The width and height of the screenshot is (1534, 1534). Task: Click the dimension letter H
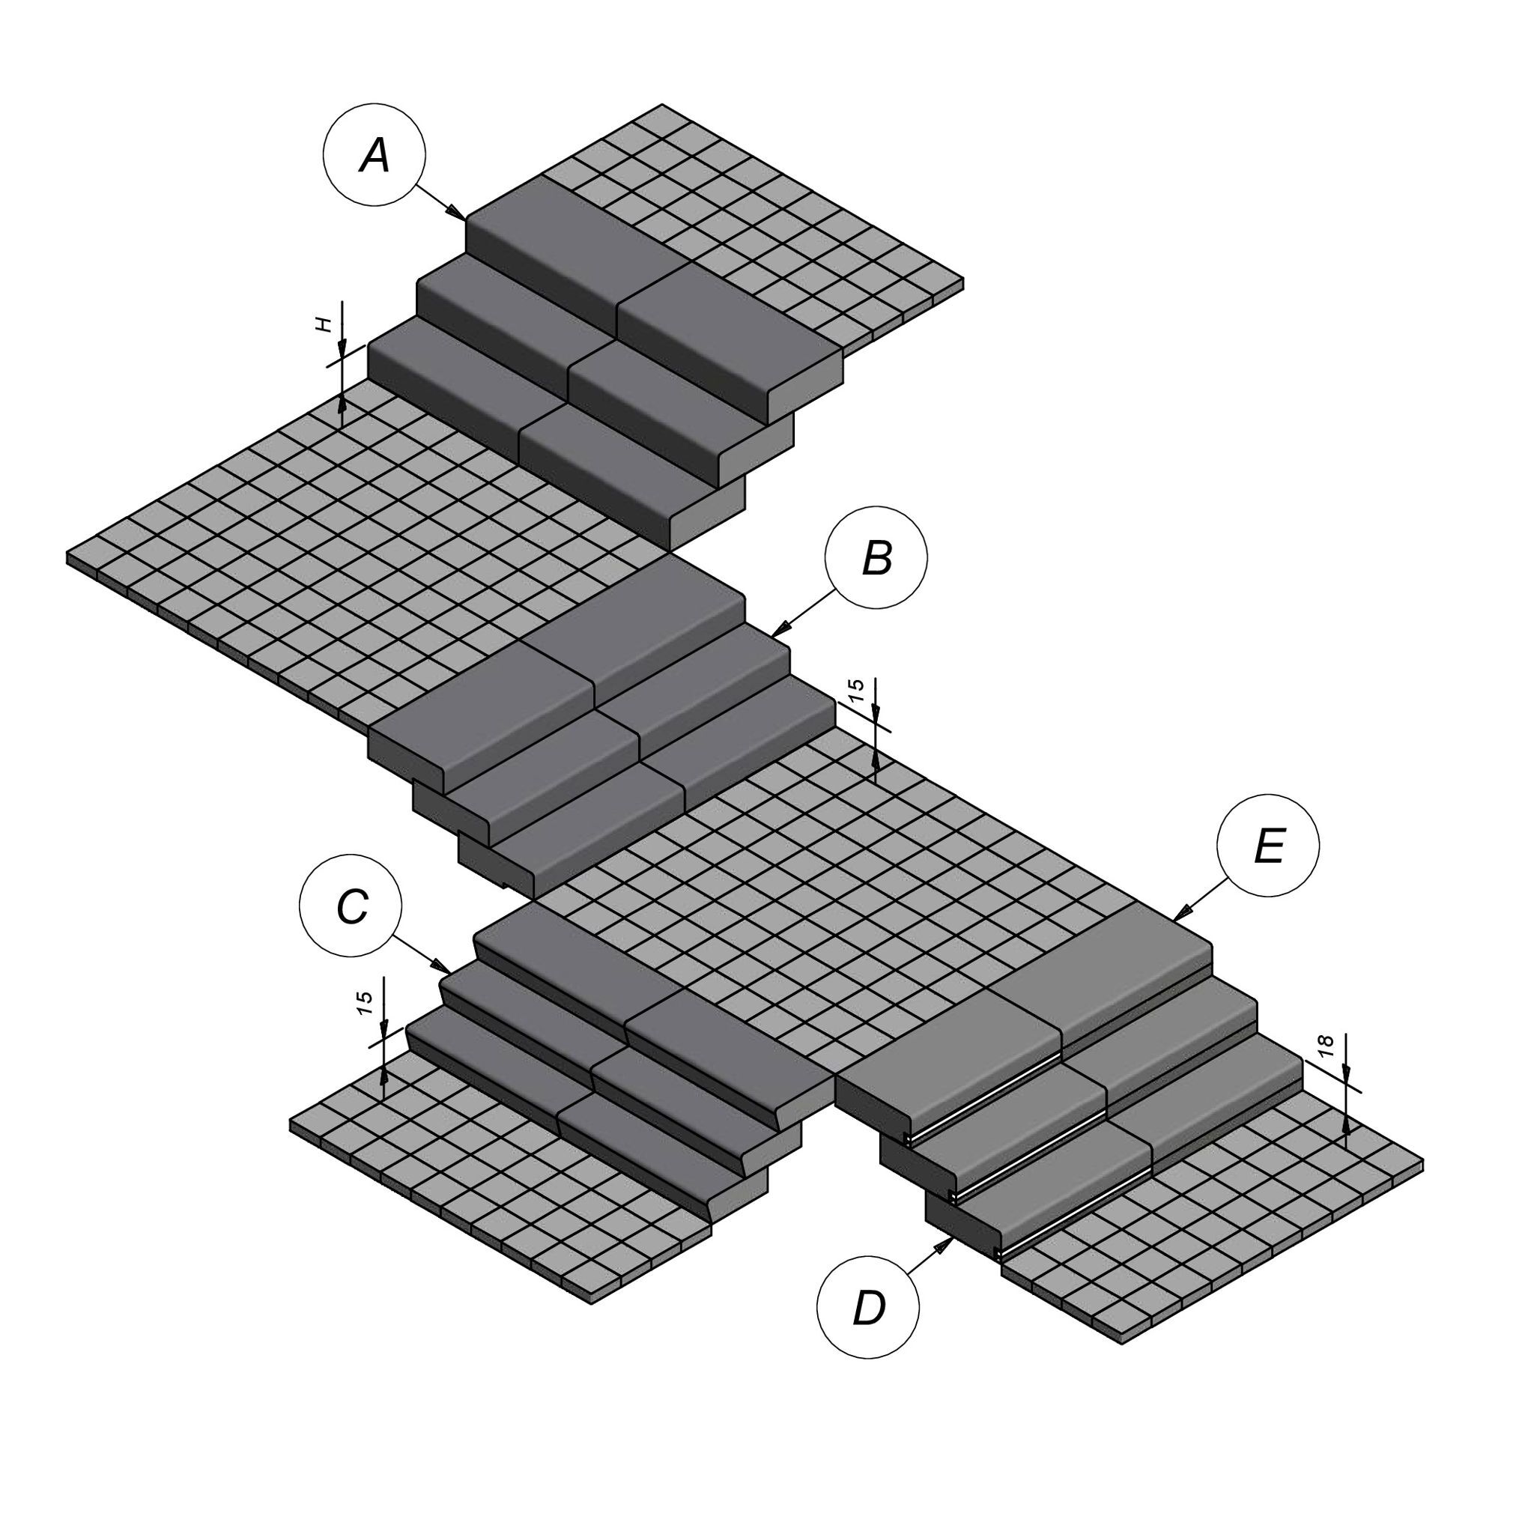[322, 324]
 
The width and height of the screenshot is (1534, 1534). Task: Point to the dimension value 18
[1325, 1046]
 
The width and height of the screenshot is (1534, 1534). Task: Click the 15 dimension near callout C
[365, 1003]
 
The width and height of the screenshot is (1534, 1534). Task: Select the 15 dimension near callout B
[856, 691]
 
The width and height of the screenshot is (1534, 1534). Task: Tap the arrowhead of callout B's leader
[781, 628]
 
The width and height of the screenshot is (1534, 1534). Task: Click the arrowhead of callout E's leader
[1183, 912]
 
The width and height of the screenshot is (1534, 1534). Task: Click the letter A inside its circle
[375, 155]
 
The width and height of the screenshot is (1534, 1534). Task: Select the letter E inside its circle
[1269, 846]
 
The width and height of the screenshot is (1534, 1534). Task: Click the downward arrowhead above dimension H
[342, 349]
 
